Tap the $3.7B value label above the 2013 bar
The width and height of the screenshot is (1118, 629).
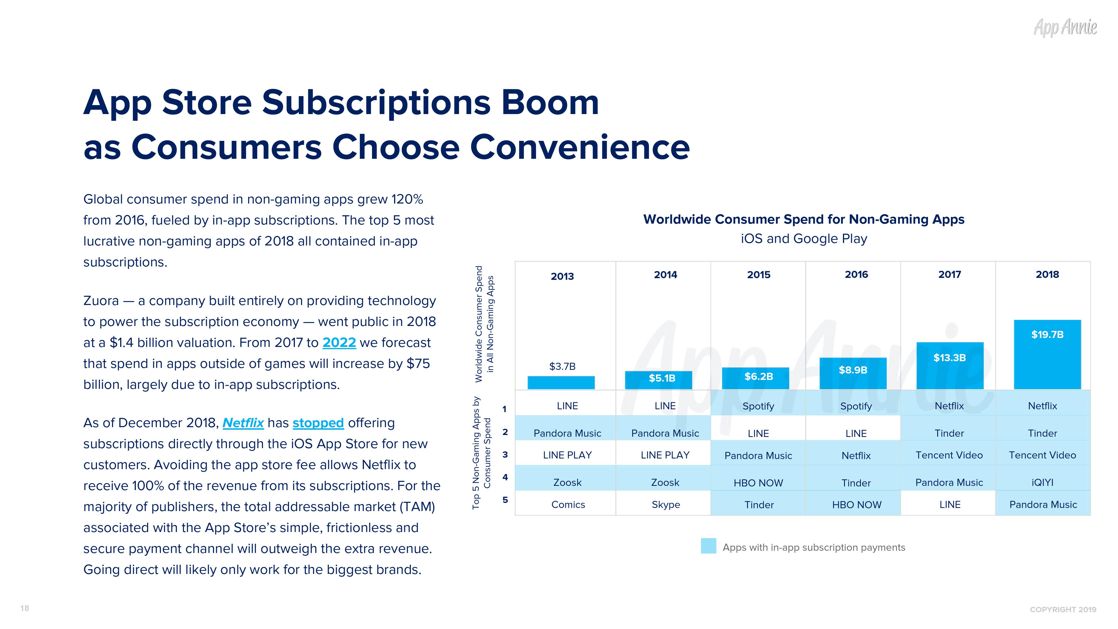click(562, 366)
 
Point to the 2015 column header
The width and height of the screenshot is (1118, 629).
click(758, 275)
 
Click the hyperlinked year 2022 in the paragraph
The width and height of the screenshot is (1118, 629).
click(339, 343)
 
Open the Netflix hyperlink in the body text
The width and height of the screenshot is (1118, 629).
click(243, 423)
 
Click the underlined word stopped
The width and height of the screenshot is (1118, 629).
click(318, 423)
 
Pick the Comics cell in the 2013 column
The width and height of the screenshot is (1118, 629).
click(568, 504)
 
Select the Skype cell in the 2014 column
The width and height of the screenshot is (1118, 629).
click(665, 504)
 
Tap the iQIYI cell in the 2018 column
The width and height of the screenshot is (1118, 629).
click(1042, 482)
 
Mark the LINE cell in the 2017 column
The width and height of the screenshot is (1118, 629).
click(950, 504)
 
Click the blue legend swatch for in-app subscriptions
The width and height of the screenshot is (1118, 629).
click(708, 546)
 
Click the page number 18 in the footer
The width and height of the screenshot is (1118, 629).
click(25, 608)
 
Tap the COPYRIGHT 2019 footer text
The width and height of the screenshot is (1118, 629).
click(1063, 609)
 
